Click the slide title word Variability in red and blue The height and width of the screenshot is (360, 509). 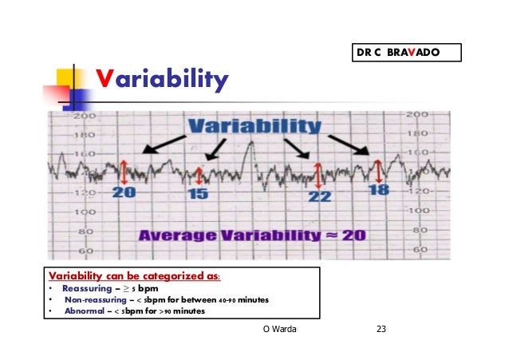162,79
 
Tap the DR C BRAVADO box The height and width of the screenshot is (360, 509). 406,53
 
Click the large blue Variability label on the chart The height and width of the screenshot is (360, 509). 254,127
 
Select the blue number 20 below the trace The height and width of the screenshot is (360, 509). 124,192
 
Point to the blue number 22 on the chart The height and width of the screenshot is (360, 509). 319,195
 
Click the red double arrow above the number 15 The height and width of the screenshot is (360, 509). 199,176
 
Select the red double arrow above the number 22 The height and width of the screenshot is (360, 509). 318,176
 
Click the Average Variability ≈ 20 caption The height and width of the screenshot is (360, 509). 252,236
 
